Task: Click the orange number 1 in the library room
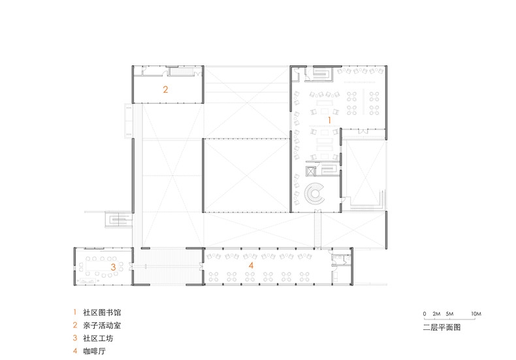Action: click(329, 120)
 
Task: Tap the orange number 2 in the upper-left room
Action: click(165, 89)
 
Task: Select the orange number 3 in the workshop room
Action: click(113, 267)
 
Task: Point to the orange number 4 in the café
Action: click(251, 265)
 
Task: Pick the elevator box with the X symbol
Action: click(311, 171)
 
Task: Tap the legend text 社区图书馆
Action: click(102, 312)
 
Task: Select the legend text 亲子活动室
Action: click(102, 325)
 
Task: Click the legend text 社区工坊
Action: click(98, 338)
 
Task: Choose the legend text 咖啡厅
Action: click(95, 351)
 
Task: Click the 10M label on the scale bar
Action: click(476, 314)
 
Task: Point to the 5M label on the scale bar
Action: click(449, 314)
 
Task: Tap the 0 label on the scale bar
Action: click(425, 314)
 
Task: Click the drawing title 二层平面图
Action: click(442, 327)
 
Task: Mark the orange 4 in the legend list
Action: click(75, 351)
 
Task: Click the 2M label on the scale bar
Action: click(436, 314)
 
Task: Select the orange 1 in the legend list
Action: click(75, 312)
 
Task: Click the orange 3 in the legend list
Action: click(75, 338)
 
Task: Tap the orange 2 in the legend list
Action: click(75, 325)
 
